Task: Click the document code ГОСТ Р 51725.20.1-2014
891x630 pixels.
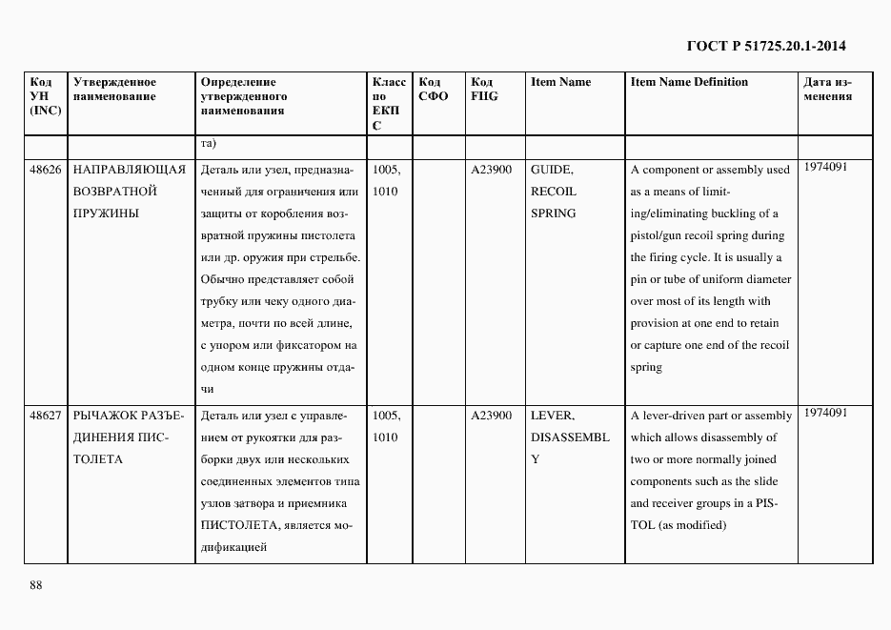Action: click(x=766, y=46)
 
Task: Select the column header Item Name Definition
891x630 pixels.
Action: click(x=689, y=82)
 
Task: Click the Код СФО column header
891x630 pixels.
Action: click(x=433, y=90)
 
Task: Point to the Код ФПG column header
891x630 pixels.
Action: click(x=484, y=90)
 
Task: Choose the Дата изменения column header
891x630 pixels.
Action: click(x=827, y=90)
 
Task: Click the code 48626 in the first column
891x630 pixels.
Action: click(x=46, y=170)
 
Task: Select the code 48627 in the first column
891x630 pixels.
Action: click(x=46, y=416)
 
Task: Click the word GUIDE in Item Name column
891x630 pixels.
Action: click(x=551, y=170)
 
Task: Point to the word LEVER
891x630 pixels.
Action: click(x=551, y=416)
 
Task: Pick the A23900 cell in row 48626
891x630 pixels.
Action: click(x=491, y=170)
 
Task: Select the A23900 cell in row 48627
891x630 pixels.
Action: click(x=491, y=416)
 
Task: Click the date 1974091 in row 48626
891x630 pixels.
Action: click(x=825, y=167)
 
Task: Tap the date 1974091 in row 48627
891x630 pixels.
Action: click(x=825, y=413)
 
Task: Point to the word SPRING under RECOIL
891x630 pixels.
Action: click(x=553, y=213)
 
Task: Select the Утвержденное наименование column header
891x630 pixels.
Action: click(x=114, y=90)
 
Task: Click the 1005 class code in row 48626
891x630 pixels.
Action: click(x=386, y=170)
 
